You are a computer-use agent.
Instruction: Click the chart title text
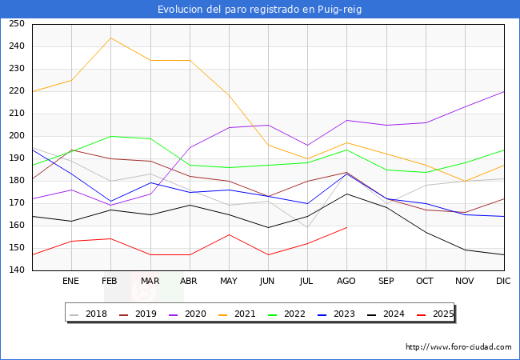pyautogui.click(x=260, y=10)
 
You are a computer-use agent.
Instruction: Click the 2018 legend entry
pyautogui.click(x=89, y=314)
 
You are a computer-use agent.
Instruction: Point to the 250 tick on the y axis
pyautogui.click(x=16, y=24)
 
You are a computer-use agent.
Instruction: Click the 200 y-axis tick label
pyautogui.click(x=16, y=136)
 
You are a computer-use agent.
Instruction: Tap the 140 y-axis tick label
pyautogui.click(x=16, y=270)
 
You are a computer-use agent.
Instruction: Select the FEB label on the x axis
pyautogui.click(x=110, y=282)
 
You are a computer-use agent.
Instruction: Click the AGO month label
pyautogui.click(x=346, y=282)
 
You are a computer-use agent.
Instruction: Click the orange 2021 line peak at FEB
pyautogui.click(x=110, y=38)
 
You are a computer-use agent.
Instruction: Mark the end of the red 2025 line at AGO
pyautogui.click(x=346, y=227)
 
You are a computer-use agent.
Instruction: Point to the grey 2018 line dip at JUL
pyautogui.click(x=307, y=227)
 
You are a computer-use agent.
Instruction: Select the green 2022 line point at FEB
pyautogui.click(x=110, y=136)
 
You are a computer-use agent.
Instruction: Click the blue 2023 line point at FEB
pyautogui.click(x=110, y=201)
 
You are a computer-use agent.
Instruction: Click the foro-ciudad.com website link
pyautogui.click(x=458, y=347)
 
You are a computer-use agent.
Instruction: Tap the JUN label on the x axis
pyautogui.click(x=267, y=282)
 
